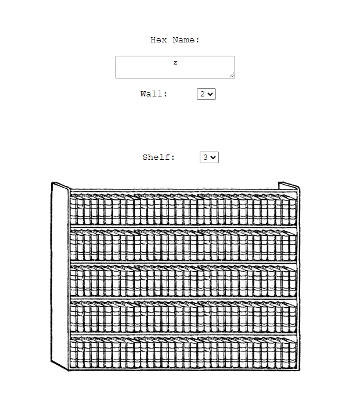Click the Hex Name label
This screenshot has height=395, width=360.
click(x=175, y=40)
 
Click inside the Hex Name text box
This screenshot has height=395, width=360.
click(x=175, y=67)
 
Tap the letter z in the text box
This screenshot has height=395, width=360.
click(x=175, y=63)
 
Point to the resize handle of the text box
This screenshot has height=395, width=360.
click(x=232, y=75)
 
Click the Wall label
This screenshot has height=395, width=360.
click(x=154, y=94)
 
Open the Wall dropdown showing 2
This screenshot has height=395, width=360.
click(x=206, y=94)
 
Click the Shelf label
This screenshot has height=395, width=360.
click(x=159, y=157)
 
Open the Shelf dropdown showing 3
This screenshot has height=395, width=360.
click(x=209, y=157)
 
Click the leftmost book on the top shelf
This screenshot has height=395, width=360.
click(x=73, y=210)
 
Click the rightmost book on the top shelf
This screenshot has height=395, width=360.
click(x=293, y=211)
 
